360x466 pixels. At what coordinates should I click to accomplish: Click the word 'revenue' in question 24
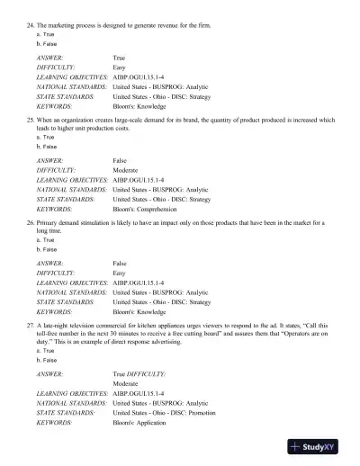coord(174,29)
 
